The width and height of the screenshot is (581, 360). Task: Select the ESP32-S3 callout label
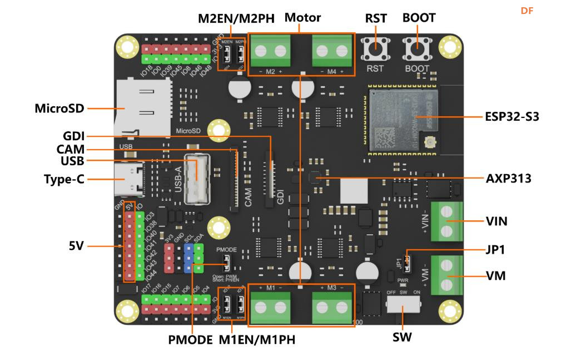(512, 117)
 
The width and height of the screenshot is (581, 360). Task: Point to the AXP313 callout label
(508, 179)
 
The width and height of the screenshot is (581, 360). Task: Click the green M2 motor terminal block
(270, 52)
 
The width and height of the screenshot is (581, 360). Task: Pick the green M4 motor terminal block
(332, 52)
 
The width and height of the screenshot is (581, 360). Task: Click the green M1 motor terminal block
(270, 307)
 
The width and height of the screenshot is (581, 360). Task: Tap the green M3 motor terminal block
(332, 307)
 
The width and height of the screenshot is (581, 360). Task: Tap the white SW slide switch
(403, 305)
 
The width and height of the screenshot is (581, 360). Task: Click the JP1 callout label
(495, 250)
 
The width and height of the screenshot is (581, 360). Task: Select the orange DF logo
(527, 11)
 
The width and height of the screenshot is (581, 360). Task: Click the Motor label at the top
(302, 17)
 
